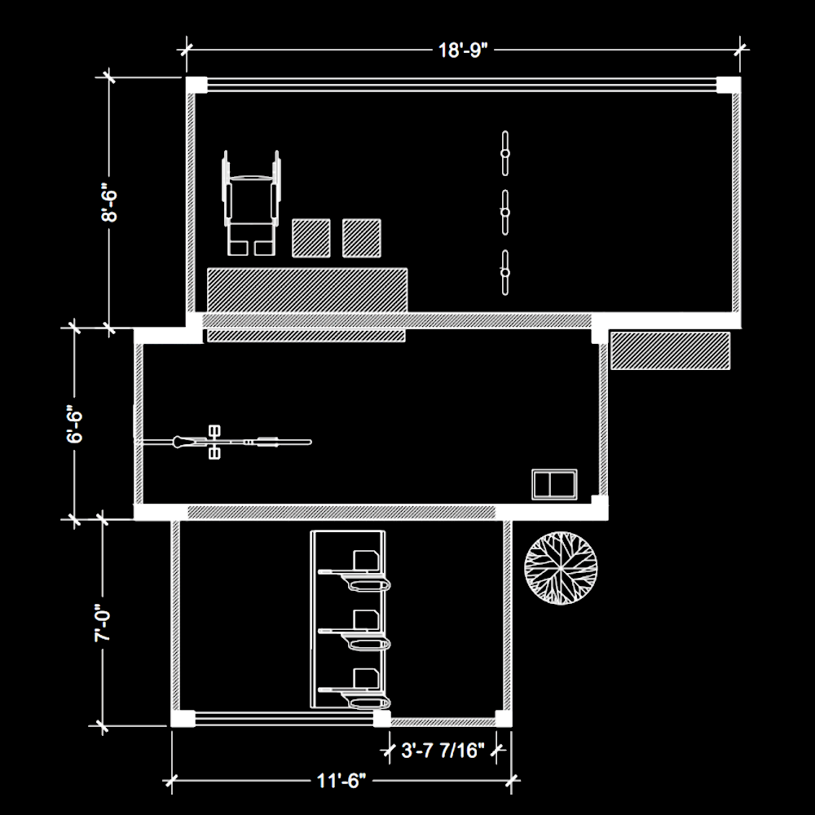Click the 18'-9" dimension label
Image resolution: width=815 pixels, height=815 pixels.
[x=463, y=51]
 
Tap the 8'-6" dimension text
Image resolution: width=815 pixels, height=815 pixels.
[x=109, y=202]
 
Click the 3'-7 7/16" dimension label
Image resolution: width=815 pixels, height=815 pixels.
[x=443, y=751]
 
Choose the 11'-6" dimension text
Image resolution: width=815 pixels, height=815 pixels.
[x=341, y=781]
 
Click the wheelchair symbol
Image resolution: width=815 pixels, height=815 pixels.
[x=252, y=203]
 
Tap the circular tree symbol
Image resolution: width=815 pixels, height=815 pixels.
[x=561, y=567]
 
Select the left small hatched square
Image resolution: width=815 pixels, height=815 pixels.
[x=311, y=238]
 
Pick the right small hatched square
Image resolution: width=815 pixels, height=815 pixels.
[x=362, y=238]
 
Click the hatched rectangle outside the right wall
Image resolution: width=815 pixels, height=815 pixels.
[x=671, y=350]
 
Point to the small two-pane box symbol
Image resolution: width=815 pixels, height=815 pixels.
[x=554, y=484]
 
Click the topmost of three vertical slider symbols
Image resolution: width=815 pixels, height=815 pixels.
[x=504, y=153]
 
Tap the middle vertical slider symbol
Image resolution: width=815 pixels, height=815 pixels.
[x=504, y=213]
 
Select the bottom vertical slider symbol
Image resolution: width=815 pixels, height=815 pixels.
[x=504, y=272]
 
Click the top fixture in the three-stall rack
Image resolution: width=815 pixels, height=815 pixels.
[x=356, y=572]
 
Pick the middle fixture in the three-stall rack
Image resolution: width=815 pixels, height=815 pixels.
[x=356, y=631]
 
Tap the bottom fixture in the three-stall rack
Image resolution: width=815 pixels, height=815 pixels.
[x=356, y=689]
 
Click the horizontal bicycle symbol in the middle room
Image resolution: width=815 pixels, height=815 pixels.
[x=223, y=443]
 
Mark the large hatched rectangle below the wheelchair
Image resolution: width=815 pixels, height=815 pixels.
[x=307, y=290]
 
